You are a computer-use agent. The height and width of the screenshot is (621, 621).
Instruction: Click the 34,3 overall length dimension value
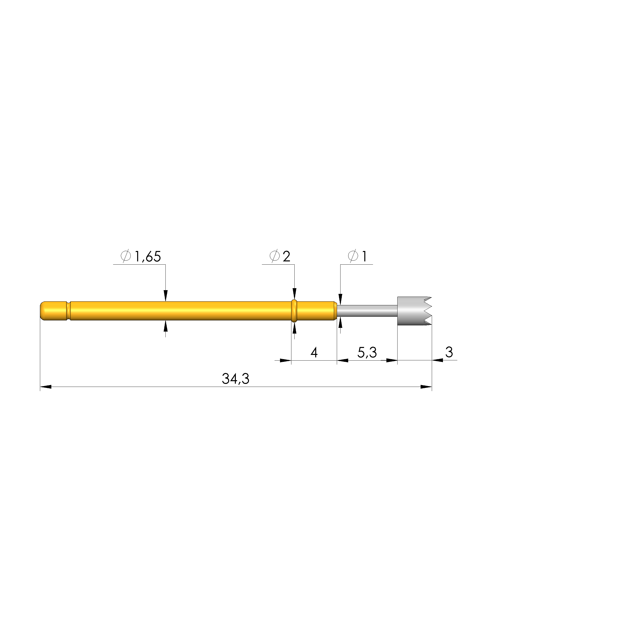pyautogui.click(x=236, y=379)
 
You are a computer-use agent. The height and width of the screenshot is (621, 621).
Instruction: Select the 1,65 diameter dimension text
pyautogui.click(x=148, y=256)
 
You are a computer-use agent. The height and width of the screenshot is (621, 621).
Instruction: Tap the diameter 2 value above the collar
pyautogui.click(x=286, y=256)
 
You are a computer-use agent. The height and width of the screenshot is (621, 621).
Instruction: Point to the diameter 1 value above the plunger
pyautogui.click(x=364, y=256)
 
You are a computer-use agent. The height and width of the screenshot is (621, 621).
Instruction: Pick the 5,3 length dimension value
pyautogui.click(x=367, y=353)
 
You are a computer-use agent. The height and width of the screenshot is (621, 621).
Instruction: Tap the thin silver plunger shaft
pyautogui.click(x=367, y=310)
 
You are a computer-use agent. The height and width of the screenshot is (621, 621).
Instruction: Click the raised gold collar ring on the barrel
pyautogui.click(x=294, y=311)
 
